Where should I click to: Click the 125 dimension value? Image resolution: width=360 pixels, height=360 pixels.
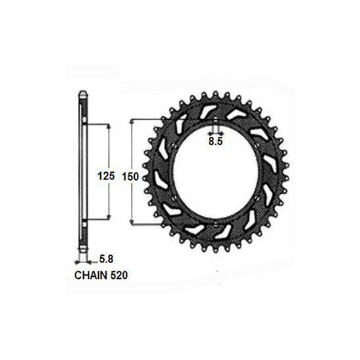[105, 175]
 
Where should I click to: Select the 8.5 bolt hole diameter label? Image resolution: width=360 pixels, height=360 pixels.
[215, 140]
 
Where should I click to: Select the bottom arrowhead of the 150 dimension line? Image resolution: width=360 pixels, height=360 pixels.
[133, 225]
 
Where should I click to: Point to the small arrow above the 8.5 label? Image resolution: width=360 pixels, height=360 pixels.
[215, 130]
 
